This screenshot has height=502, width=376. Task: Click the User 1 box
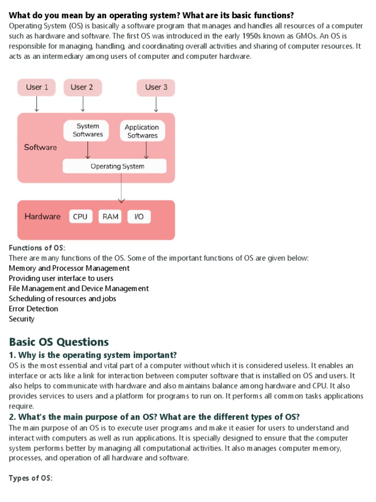tap(37, 87)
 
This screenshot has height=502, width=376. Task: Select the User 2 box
tap(82, 87)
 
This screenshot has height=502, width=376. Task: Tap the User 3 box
tap(156, 87)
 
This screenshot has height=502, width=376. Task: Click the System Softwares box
tap(88, 130)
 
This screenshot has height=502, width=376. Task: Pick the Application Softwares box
tap(142, 131)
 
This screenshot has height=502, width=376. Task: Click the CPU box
tap(80, 217)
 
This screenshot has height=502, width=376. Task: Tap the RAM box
tap(111, 217)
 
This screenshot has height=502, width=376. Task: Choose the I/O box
tap(139, 217)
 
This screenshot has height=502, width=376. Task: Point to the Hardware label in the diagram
tap(43, 217)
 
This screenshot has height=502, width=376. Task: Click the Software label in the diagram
tap(41, 147)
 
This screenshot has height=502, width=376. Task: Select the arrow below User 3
tap(156, 104)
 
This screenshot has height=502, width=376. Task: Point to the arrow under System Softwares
tap(88, 150)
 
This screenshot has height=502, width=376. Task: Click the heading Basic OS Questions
tap(59, 342)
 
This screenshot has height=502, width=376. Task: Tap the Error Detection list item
tap(33, 309)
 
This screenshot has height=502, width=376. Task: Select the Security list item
tap(22, 319)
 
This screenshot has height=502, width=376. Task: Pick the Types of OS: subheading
tap(31, 478)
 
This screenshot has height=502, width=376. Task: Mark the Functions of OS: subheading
tap(37, 248)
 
